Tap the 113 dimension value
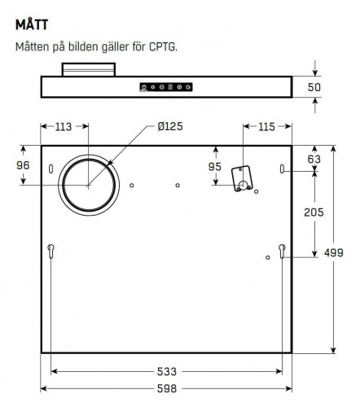(x=63, y=127)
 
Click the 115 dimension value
(x=266, y=127)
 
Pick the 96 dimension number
(x=24, y=164)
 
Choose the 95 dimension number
(x=215, y=167)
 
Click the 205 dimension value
(x=314, y=212)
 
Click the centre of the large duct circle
(x=88, y=185)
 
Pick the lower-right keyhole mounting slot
(x=282, y=251)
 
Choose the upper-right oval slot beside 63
(x=282, y=170)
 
